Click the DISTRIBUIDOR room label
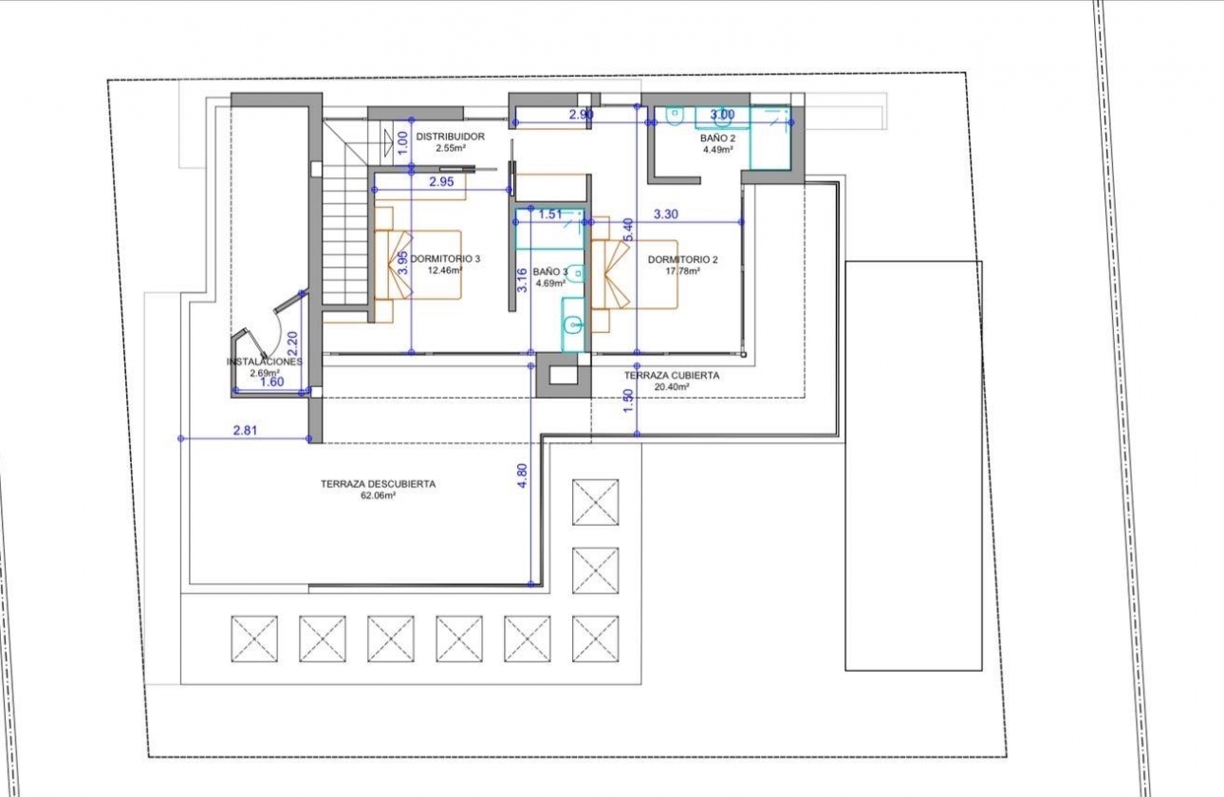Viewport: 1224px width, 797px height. [450, 137]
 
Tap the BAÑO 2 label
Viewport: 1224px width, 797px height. [718, 138]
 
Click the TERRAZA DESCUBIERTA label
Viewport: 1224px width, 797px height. [378, 484]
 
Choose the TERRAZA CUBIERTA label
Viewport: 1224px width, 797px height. [671, 376]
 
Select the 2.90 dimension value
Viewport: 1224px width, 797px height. [581, 114]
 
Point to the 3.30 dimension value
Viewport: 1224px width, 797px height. [666, 214]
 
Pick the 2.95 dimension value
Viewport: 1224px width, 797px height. [440, 181]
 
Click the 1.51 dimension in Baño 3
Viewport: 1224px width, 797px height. [550, 214]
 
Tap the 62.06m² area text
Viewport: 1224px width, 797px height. [378, 495]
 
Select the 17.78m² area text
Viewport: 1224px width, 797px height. [682, 270]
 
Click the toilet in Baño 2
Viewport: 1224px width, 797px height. [676, 116]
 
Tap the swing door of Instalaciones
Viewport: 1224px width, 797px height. [280, 327]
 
